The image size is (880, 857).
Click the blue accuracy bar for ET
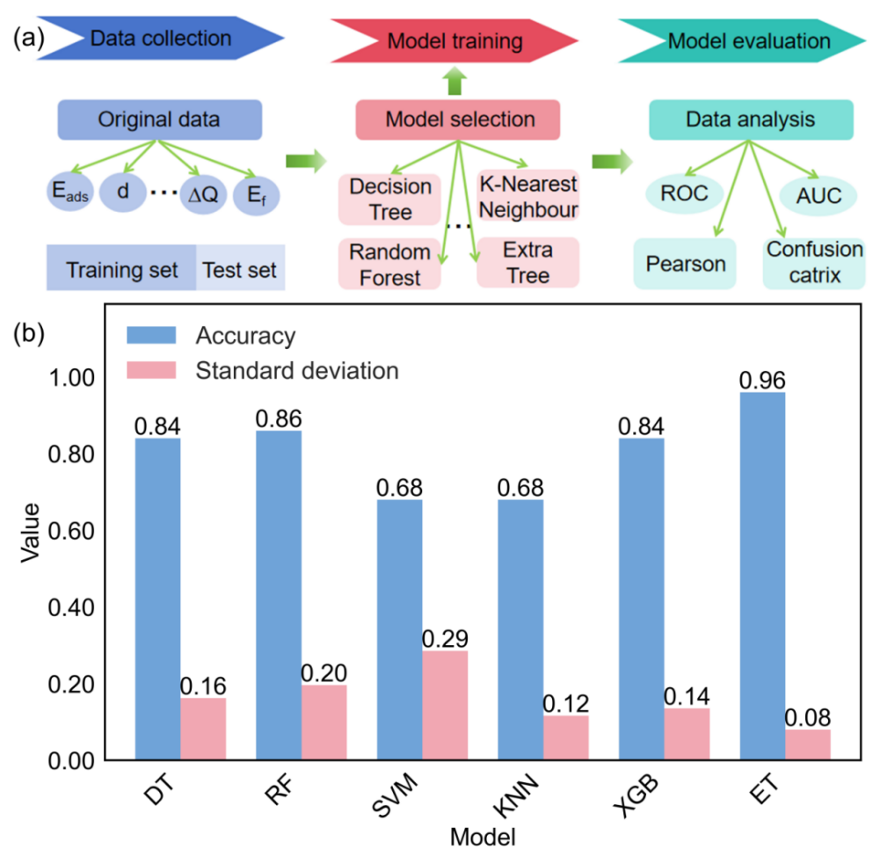point(763,576)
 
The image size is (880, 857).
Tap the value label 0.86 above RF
point(278,417)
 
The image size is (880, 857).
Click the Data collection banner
point(162,39)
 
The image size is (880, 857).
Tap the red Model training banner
point(455,40)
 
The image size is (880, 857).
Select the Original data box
point(160,120)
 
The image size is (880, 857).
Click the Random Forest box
point(389,264)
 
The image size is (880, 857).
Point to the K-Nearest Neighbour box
point(527,196)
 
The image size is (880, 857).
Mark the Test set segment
point(240,269)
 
